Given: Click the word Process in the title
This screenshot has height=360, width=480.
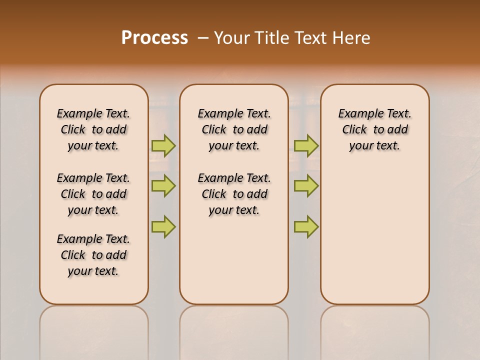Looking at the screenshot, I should (154, 37).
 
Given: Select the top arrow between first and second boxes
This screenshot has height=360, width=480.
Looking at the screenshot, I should (163, 145).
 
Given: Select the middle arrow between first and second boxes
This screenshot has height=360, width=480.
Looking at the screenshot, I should (163, 186).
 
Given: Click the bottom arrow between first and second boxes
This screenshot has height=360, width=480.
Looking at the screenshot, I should (163, 227).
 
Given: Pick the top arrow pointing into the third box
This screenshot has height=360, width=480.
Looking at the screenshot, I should (306, 145).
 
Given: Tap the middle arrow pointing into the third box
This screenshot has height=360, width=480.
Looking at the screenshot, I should (306, 186).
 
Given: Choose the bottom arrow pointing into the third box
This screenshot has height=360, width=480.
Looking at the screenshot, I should (306, 227).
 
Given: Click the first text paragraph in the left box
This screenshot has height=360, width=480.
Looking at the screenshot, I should (93, 129).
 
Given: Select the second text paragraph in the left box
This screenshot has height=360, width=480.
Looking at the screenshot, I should (93, 194).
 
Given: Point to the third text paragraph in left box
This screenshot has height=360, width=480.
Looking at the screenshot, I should (93, 255).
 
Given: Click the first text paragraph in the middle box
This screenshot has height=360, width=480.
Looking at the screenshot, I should (234, 129).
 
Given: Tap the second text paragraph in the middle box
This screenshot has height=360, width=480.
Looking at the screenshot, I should (234, 194).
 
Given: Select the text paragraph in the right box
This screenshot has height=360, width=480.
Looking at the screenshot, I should (375, 129).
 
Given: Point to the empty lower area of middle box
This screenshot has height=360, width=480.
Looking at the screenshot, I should (234, 260).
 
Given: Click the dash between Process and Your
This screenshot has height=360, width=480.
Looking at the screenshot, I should (203, 38).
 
